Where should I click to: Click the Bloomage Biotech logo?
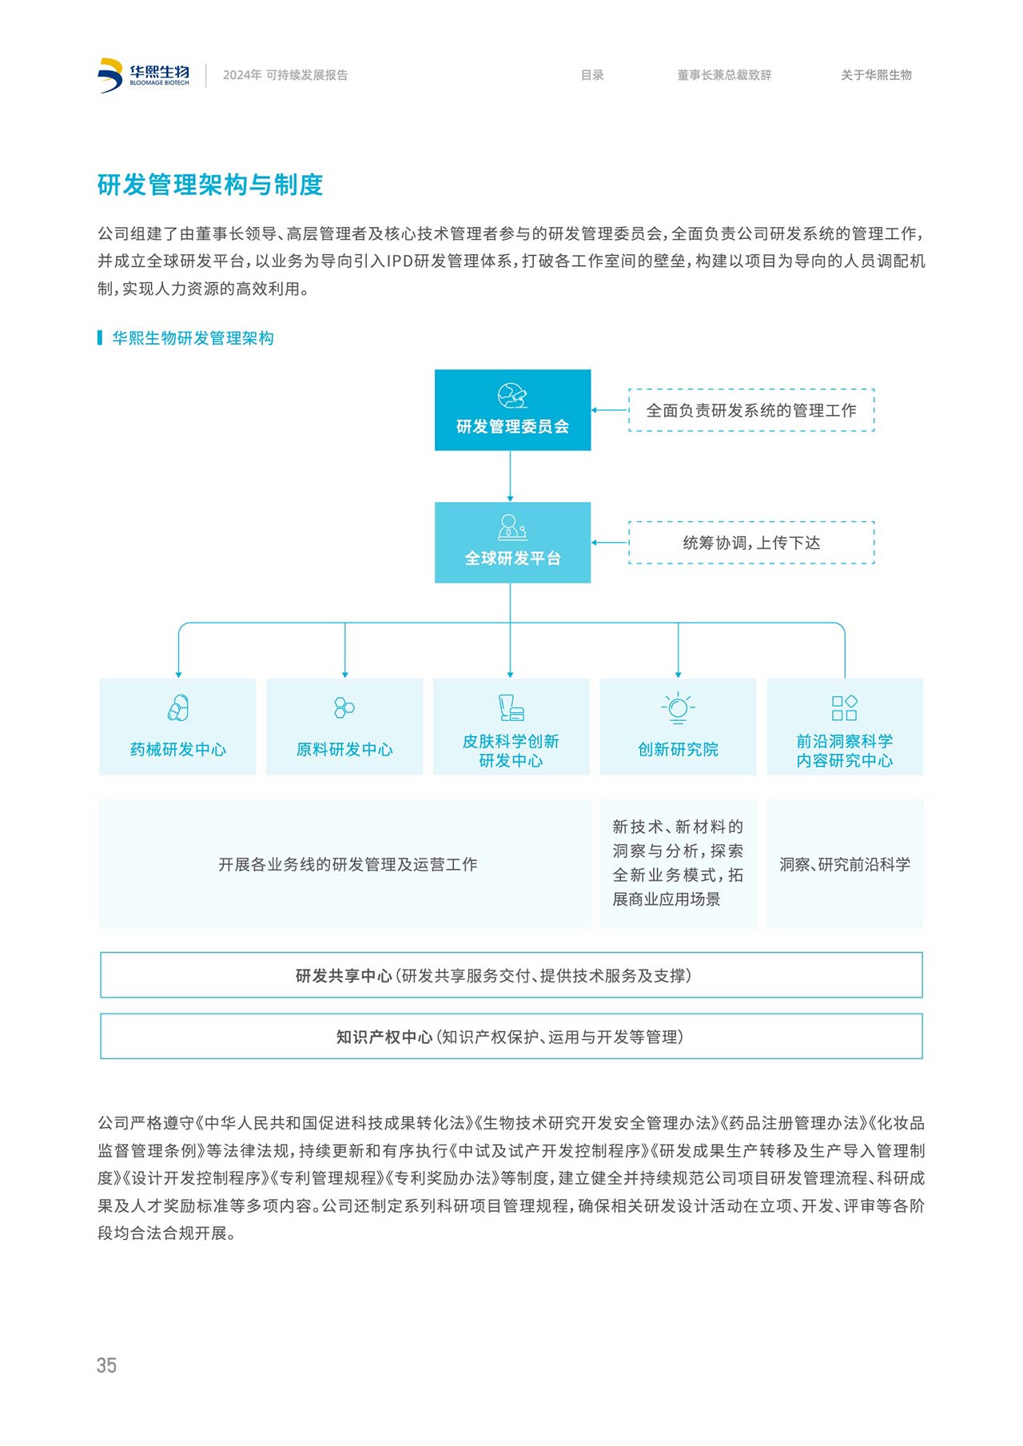pos(144,75)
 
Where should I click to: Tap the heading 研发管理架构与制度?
pos(210,185)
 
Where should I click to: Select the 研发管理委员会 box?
pos(512,410)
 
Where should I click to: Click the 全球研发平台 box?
pos(512,543)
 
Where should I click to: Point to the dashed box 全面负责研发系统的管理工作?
pos(751,410)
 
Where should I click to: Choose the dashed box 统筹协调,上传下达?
pos(751,543)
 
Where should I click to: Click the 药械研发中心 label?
pos(177,749)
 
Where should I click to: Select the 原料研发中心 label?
pos(344,749)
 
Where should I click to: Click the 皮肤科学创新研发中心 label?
pos(511,751)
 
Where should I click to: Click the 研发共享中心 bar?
pos(511,975)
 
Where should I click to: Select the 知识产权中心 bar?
pos(511,1037)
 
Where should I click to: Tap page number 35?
pos(106,1365)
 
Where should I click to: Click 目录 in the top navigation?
pos(592,75)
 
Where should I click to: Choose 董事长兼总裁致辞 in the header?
pos(724,75)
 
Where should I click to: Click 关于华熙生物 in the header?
pos(876,75)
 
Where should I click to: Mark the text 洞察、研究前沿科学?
pos(845,864)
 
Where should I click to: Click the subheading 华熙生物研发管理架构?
pos(193,338)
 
